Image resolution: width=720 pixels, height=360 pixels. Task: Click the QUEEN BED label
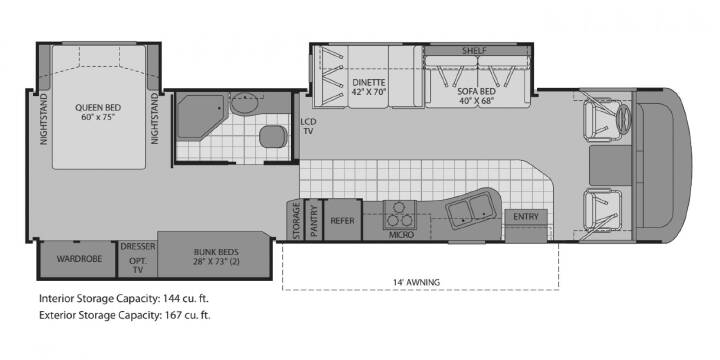[98, 108]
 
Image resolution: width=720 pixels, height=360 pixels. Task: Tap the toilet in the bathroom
[274, 136]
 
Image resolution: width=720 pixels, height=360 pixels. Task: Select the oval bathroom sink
[244, 104]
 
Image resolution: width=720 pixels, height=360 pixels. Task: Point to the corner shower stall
[201, 117]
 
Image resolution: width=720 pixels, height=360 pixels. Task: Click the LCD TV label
[307, 126]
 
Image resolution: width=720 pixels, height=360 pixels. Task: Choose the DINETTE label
[369, 83]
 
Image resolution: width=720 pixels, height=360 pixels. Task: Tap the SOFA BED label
[475, 90]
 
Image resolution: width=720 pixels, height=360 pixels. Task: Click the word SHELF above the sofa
[475, 51]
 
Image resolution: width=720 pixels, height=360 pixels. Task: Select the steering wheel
[625, 119]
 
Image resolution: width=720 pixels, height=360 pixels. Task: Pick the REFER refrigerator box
[343, 220]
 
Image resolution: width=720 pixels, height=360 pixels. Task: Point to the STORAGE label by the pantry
[297, 220]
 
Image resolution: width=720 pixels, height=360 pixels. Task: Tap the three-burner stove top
[400, 215]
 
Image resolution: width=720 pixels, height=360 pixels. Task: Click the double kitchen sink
[471, 209]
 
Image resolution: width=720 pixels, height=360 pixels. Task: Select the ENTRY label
[526, 217]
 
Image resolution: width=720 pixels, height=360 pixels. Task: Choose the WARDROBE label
[79, 259]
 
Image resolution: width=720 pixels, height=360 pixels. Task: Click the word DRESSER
[138, 247]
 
